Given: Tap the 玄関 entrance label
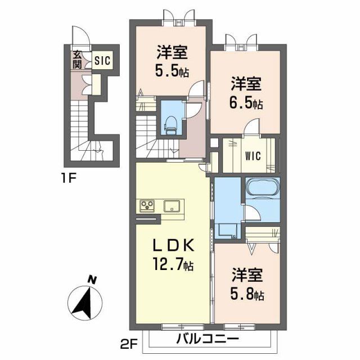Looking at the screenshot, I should [76, 60].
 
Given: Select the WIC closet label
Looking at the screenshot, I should [252, 156].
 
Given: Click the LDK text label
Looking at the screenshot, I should [174, 245].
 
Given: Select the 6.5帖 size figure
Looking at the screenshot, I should [246, 103].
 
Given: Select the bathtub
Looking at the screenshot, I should [262, 187].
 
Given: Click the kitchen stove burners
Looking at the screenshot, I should [148, 205].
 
